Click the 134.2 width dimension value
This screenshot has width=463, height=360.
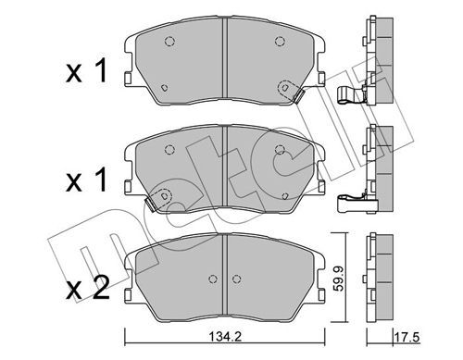coord(225,337)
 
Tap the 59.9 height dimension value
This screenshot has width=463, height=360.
coord(340,277)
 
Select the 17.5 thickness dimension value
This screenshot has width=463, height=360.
coord(407,337)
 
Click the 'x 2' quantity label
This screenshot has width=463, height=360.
coord(88,288)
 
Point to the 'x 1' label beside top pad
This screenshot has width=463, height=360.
coord(87,70)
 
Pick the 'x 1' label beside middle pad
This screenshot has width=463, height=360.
coord(87,180)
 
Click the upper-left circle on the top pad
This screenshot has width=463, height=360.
coord(169,41)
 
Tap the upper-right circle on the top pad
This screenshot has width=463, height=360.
coord(280,41)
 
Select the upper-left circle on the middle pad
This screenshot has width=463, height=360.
coord(169,150)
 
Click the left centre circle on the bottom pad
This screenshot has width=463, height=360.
coord(212,279)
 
